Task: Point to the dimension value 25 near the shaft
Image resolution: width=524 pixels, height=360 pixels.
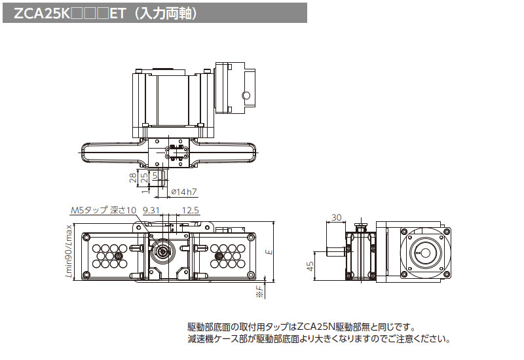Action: (143, 179)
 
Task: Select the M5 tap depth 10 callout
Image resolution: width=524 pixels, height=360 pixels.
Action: (103, 211)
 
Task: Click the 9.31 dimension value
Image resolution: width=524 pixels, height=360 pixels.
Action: (151, 211)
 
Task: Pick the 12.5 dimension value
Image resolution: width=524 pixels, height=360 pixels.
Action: (191, 211)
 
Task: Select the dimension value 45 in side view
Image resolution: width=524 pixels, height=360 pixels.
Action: (310, 265)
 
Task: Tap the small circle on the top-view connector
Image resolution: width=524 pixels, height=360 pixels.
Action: (246, 96)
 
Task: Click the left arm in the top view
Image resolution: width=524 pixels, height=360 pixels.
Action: (111, 153)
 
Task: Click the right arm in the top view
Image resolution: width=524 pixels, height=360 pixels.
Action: (226, 153)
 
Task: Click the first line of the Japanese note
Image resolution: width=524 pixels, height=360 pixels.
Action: (301, 327)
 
